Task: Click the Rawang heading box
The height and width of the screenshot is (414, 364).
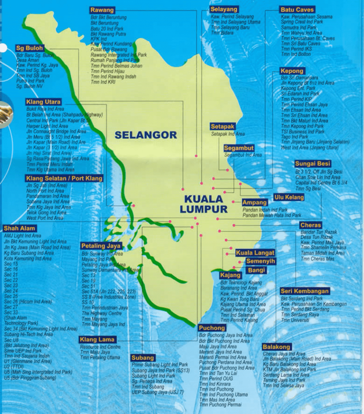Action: tap(102, 10)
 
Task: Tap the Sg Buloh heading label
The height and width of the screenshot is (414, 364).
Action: tap(30, 48)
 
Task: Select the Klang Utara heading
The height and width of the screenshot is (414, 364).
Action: tap(43, 101)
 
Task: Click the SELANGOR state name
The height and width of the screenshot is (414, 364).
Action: tap(146, 135)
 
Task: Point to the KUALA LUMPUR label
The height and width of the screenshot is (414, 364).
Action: tap(204, 204)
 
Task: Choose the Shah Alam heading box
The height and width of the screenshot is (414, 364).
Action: tap(19, 228)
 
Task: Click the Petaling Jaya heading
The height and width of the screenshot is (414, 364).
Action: tap(101, 246)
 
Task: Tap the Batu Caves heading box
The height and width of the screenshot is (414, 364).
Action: tap(297, 10)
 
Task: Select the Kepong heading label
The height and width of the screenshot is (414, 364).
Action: tap(292, 71)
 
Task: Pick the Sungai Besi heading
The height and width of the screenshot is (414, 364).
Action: tap(313, 164)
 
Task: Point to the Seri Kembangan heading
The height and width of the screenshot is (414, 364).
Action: tap(305, 291)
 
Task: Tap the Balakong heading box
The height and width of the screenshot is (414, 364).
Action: tap(276, 347)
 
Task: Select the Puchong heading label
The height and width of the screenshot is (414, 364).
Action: tap(212, 328)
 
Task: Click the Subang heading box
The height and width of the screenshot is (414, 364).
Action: tap(143, 358)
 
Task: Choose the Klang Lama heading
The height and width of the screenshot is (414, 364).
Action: tap(97, 339)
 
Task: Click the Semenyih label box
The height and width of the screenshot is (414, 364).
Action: tap(260, 261)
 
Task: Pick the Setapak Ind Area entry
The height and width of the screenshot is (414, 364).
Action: tap(228, 134)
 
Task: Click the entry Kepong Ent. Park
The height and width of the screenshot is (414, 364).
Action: tap(298, 88)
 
